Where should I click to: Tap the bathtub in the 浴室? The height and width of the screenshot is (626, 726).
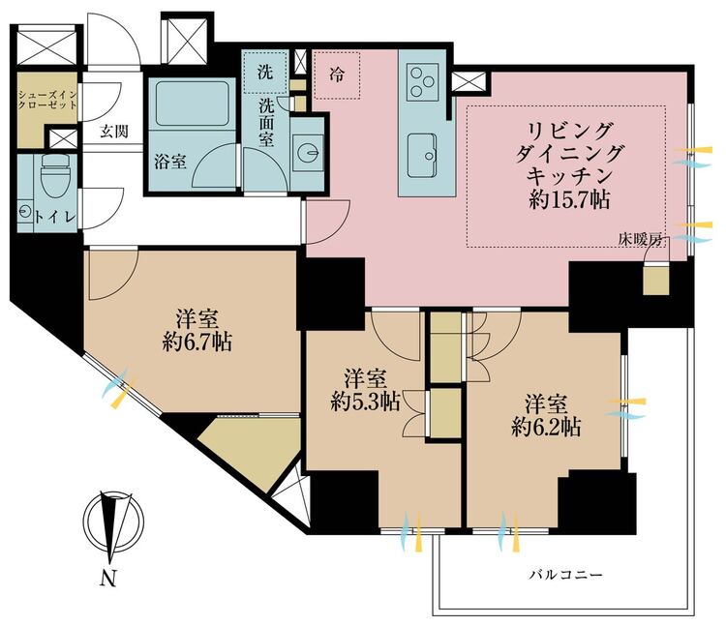tap(193, 104)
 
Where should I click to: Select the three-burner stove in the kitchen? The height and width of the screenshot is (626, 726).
tap(422, 82)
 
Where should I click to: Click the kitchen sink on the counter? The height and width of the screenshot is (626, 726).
tap(422, 156)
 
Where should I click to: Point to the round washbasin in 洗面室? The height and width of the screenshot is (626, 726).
tap(308, 150)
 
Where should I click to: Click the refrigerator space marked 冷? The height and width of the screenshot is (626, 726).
tap(337, 75)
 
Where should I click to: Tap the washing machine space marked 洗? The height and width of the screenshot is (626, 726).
tap(265, 73)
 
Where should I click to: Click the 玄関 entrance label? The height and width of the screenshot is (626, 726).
tap(114, 132)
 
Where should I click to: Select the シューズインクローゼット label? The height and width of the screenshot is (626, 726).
tap(47, 100)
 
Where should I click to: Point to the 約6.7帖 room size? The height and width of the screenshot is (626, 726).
tap(197, 343)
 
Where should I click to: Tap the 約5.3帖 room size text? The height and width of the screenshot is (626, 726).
tap(365, 402)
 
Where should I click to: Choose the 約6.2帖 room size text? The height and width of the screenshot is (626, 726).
tap(546, 428)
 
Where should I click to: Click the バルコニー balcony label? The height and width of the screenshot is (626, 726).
tap(566, 575)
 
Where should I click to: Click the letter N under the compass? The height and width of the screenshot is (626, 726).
tap(108, 579)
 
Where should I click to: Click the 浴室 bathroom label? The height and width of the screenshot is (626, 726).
tap(170, 162)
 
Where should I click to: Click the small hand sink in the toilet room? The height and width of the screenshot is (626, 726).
tap(24, 211)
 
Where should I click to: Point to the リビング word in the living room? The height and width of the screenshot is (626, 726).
tap(569, 132)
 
